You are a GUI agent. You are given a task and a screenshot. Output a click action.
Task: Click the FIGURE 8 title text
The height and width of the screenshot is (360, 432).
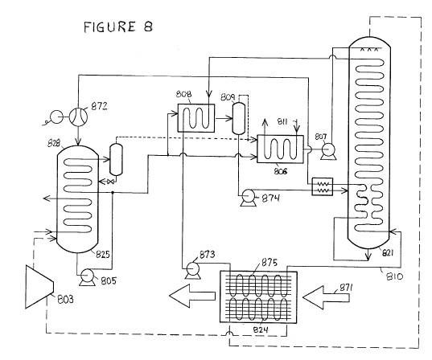[x=118, y=27]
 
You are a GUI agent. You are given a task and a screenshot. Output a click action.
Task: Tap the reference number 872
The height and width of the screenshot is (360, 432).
[x=99, y=106]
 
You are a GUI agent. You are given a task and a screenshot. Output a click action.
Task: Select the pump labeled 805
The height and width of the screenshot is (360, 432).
[x=87, y=277]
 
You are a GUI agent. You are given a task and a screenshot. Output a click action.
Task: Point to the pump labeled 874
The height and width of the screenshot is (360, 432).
[x=249, y=198]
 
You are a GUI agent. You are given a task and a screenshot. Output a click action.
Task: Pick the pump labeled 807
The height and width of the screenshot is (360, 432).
[x=328, y=152]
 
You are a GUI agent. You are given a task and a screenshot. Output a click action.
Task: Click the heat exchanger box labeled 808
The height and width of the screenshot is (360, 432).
[x=195, y=118]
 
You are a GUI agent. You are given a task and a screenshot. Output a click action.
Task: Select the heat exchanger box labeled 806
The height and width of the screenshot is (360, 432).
[x=280, y=149]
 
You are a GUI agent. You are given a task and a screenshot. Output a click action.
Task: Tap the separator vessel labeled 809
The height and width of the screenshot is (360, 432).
[x=239, y=118]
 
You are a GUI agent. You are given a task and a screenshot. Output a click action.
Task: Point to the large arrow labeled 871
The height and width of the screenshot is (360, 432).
[x=326, y=297]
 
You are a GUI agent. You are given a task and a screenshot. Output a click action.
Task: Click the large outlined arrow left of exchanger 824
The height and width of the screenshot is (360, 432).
[x=192, y=296]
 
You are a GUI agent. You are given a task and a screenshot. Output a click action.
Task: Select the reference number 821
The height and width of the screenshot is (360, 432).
[x=387, y=252]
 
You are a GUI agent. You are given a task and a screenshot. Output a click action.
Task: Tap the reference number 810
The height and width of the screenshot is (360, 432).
[x=394, y=276]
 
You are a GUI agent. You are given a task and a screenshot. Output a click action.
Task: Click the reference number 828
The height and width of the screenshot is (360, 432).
[x=54, y=143]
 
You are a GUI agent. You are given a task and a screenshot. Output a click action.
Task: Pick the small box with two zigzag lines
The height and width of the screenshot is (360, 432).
[x=322, y=186]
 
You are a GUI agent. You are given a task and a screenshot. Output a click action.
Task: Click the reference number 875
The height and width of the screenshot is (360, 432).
[x=269, y=263]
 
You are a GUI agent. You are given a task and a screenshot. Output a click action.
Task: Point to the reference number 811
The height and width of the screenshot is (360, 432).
[x=282, y=121]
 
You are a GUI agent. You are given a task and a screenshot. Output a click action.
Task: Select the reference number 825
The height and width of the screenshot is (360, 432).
[x=103, y=254]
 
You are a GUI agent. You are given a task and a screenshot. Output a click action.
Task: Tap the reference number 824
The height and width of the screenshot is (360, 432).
[x=261, y=329]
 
